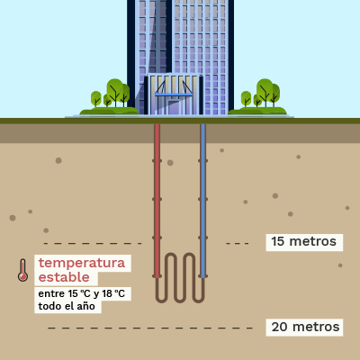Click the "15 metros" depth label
pyautogui.click(x=304, y=241)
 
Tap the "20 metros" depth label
pyautogui.click(x=305, y=327)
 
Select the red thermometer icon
pyautogui.click(x=22, y=270)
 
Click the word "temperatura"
pyautogui.click(x=82, y=263)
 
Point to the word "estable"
pyautogui.click(x=64, y=277)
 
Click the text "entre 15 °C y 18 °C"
pyautogui.click(x=82, y=293)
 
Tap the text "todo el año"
pyautogui.click(x=67, y=306)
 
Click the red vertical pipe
pyautogui.click(x=157, y=201)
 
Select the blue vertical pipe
pyautogui.click(x=203, y=201)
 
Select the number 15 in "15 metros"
pyautogui.click(x=277, y=241)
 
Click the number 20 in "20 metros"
pyautogui.click(x=280, y=327)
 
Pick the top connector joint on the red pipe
pyautogui.click(x=157, y=161)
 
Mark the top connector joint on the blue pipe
pyautogui.click(x=203, y=161)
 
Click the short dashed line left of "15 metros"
pyautogui.click(x=238, y=243)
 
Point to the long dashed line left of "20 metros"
pyautogui.click(x=149, y=328)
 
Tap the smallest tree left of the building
pyautogui.click(x=107, y=100)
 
